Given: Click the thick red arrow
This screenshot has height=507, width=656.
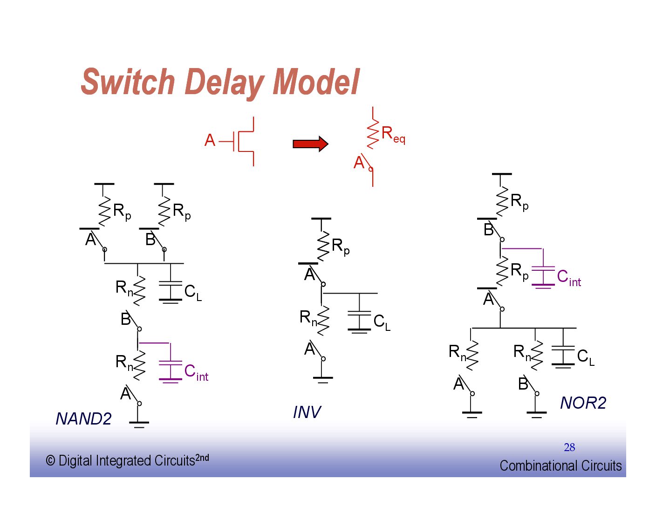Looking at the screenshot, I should point(310,144).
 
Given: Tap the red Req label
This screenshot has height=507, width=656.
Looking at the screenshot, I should point(393,135).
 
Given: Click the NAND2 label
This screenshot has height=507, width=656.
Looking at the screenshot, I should point(83,419).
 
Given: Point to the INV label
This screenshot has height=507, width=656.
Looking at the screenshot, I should point(307,412).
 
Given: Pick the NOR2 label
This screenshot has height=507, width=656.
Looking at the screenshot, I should point(583,403).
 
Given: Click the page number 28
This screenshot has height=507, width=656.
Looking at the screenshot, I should point(569,447).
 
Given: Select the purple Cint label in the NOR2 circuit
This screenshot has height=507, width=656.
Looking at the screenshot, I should point(569,278).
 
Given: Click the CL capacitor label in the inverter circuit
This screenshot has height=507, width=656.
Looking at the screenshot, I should point(382,322).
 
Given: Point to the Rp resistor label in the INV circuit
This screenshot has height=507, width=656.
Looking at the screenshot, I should point(340,247).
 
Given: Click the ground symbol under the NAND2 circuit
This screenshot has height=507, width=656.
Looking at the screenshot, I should point(139,424).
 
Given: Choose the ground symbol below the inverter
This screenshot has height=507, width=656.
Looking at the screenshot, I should point(322,379).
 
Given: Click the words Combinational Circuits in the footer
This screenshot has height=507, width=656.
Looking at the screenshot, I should point(560,466).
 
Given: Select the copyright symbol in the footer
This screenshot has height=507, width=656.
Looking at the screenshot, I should point(50,461).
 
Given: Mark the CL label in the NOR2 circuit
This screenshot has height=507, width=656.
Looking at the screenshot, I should point(585,357).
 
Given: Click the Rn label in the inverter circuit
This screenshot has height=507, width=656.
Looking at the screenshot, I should point(308,318).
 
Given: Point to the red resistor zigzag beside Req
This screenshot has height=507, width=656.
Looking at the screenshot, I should point(373,134).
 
